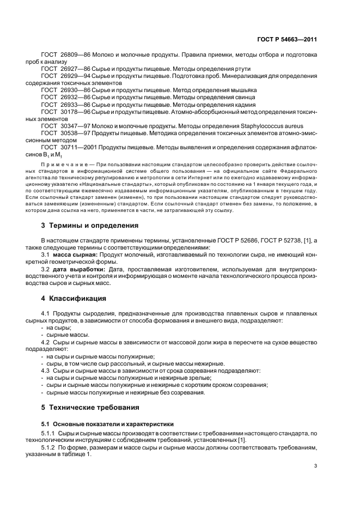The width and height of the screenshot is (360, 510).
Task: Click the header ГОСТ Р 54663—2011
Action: tap(286, 40)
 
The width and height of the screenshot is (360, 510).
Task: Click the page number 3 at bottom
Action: tap(315, 465)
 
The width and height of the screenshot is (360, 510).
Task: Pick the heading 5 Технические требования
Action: tap(91, 407)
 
